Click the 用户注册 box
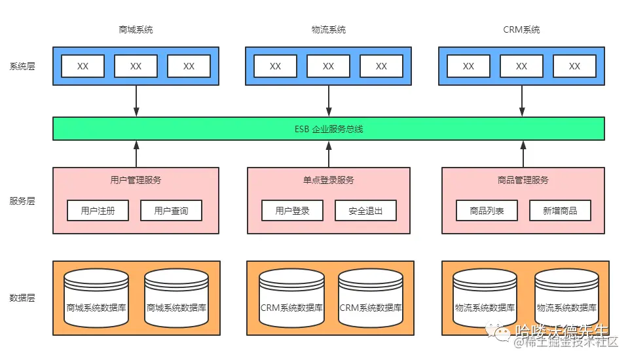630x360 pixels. click(98, 211)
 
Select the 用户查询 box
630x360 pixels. click(171, 211)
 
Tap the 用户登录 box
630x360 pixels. click(292, 211)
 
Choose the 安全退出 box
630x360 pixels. click(365, 211)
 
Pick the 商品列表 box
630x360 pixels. click(487, 211)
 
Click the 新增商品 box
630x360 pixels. click(560, 211)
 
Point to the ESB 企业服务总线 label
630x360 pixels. click(328, 129)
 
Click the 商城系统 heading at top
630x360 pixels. click(136, 29)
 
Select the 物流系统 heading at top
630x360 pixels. click(328, 29)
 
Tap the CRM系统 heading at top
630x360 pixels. click(521, 29)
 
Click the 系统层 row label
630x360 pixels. click(22, 66)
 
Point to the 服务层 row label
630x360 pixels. click(22, 201)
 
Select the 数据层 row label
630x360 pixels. click(22, 298)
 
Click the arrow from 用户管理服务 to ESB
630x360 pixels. click(136, 154)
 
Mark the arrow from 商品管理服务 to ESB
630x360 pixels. click(523, 154)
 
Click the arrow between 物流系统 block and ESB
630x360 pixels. click(329, 101)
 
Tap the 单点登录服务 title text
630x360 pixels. click(328, 180)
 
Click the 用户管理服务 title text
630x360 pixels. click(136, 180)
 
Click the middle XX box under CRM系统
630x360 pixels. click(521, 66)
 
